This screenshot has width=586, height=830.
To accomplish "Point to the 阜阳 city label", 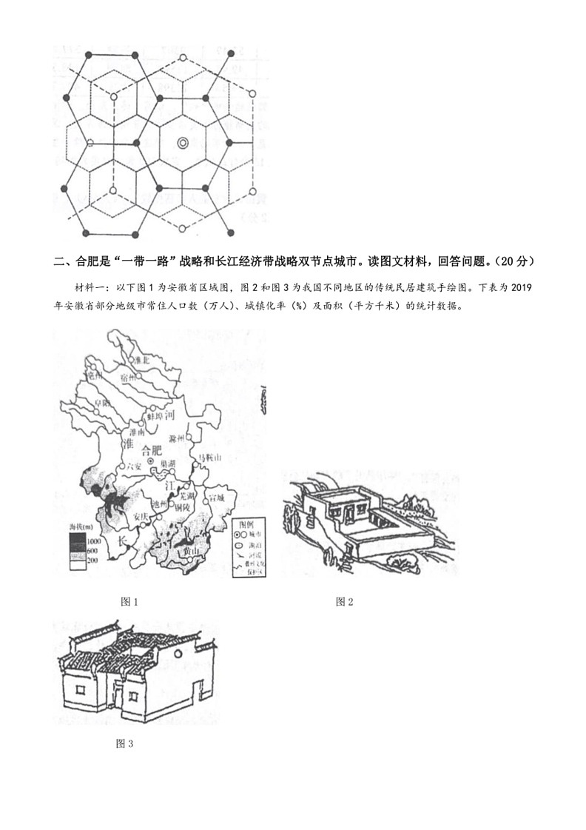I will pyautogui.click(x=101, y=403).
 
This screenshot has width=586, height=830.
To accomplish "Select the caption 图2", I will pyautogui.click(x=345, y=601).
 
